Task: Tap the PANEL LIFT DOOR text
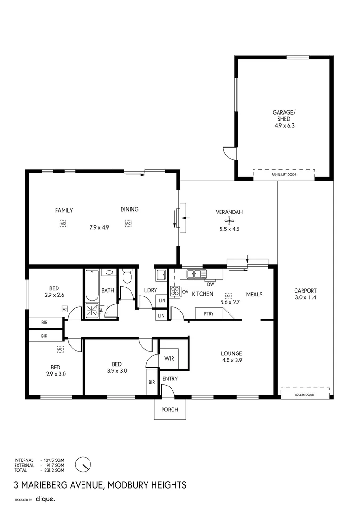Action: tap(284, 175)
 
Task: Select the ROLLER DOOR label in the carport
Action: tap(305, 395)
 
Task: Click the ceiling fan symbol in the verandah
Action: tap(229, 221)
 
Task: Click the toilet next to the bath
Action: tap(127, 277)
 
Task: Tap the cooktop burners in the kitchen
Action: tap(174, 292)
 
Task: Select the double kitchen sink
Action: tap(196, 273)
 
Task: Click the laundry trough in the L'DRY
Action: tap(161, 275)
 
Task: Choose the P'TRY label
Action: tap(209, 314)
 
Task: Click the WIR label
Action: tap(169, 359)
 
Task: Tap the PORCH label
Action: tap(170, 410)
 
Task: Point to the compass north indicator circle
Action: tap(83, 464)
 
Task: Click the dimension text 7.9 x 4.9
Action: tap(99, 227)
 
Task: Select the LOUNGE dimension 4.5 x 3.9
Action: tap(232, 361)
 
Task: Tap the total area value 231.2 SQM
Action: tap(53, 470)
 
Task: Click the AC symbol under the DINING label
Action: tap(128, 224)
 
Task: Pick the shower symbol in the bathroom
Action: tap(92, 310)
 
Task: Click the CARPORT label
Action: tap(305, 291)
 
